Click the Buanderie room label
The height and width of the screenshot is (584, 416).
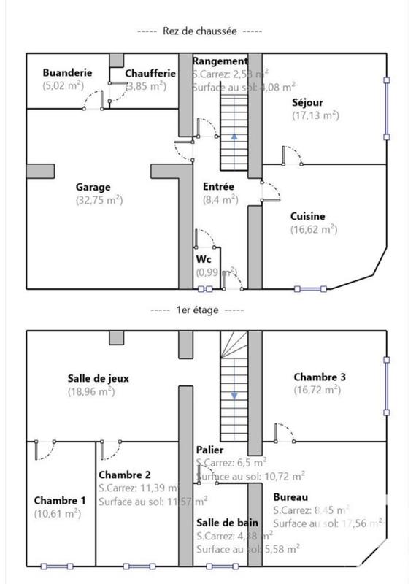click(x=67, y=73)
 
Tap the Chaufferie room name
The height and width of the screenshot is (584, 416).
click(x=150, y=73)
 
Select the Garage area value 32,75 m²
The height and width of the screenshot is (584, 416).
click(x=99, y=199)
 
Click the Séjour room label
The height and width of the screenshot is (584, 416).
click(x=307, y=102)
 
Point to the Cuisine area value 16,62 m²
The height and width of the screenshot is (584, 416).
click(x=313, y=228)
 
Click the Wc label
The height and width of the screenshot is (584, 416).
click(x=203, y=259)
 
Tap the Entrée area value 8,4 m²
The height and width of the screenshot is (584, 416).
click(x=220, y=199)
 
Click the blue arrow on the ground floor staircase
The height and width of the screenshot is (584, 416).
click(x=234, y=136)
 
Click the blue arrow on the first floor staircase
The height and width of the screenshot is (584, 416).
click(x=234, y=396)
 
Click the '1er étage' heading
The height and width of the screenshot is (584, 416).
click(x=197, y=310)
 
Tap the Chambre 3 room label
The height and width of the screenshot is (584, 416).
click(x=320, y=377)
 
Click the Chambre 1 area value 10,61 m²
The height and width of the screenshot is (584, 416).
click(x=57, y=513)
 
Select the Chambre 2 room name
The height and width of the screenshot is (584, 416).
click(x=125, y=474)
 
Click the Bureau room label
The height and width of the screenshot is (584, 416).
click(x=290, y=497)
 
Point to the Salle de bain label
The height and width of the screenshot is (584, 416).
click(x=226, y=523)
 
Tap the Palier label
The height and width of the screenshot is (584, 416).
click(x=209, y=450)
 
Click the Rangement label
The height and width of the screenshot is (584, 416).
click(x=220, y=61)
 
